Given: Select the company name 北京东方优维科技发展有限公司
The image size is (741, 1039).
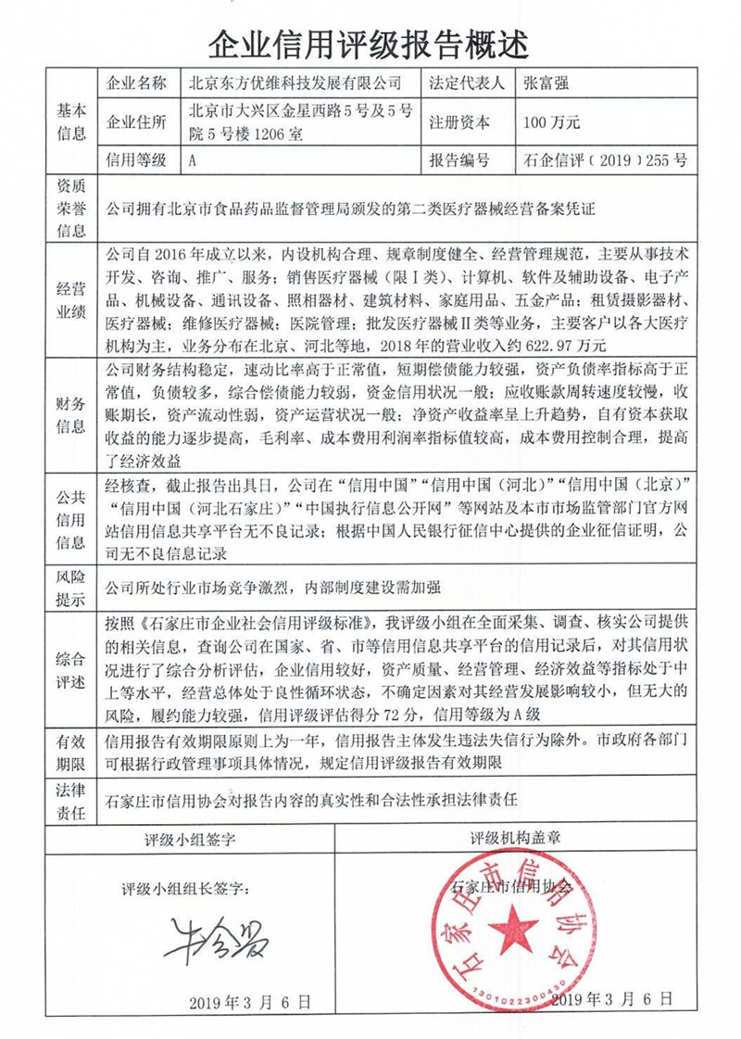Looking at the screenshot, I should point(295,82).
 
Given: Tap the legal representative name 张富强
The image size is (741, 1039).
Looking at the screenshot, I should point(546,82).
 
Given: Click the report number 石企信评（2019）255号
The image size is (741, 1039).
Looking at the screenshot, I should point(605,160).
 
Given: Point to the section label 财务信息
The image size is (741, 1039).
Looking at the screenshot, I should point(71,415).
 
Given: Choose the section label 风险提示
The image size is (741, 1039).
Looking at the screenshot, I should point(71,588).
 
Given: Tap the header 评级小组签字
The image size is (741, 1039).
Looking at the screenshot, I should point(190,840).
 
